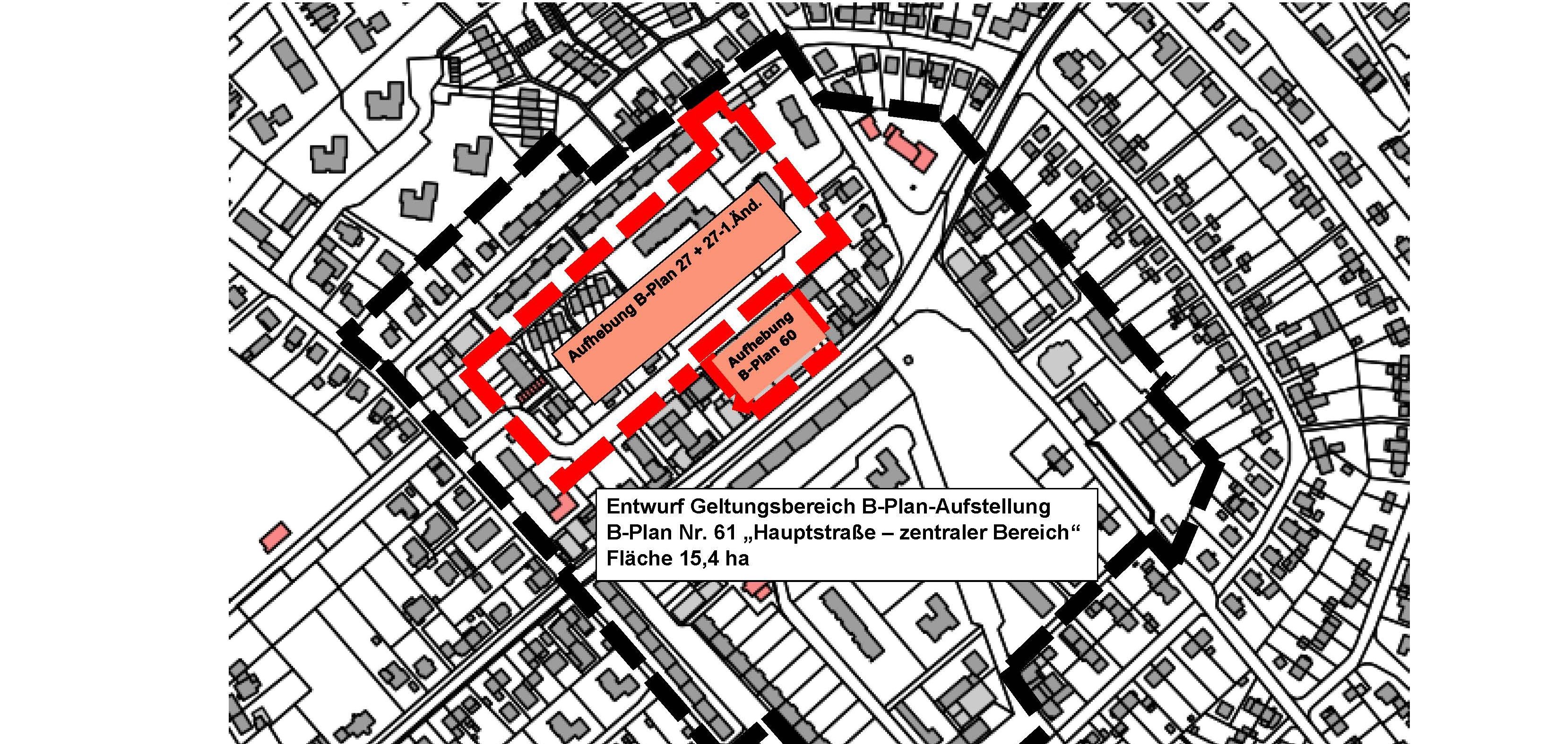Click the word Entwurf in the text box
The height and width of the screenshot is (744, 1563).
643,506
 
